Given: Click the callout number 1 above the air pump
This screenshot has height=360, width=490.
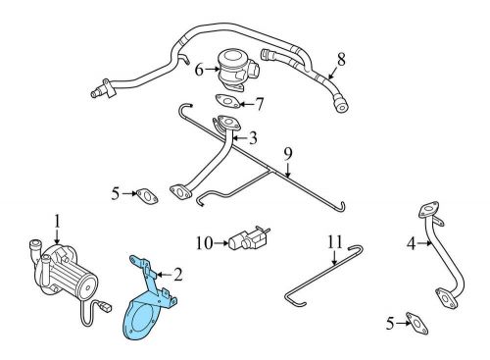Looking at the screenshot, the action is point(57,222).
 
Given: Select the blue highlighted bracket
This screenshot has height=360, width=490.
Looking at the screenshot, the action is point(149,302).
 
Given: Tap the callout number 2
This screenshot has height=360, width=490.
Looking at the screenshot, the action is point(178,275).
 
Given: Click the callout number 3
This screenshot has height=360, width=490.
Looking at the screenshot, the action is point(253,138).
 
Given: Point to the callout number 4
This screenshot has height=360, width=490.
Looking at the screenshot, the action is point(412,243).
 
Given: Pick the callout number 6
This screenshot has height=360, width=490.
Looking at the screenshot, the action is point(199,70).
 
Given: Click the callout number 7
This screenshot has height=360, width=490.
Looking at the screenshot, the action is point(259,104).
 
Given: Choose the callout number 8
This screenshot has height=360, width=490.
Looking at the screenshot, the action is point(341,60).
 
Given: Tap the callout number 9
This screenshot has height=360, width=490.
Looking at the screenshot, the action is point(287,154).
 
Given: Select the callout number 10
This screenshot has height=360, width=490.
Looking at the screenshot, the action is point(205,243).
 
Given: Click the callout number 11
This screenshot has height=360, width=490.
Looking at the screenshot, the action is point(335,242).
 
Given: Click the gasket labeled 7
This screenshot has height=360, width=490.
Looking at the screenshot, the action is point(228,101).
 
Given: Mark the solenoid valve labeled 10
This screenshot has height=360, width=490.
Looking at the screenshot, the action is point(249,238).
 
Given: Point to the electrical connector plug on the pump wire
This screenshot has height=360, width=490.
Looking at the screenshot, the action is point(105,307).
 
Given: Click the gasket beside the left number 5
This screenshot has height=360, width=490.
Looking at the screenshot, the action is point(147,196).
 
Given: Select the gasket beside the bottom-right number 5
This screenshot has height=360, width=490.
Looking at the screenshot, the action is point(416,324).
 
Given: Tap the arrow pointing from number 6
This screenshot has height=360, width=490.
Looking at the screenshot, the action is point(213,69).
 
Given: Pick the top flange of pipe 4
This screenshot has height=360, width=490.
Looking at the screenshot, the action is point(428,209).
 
